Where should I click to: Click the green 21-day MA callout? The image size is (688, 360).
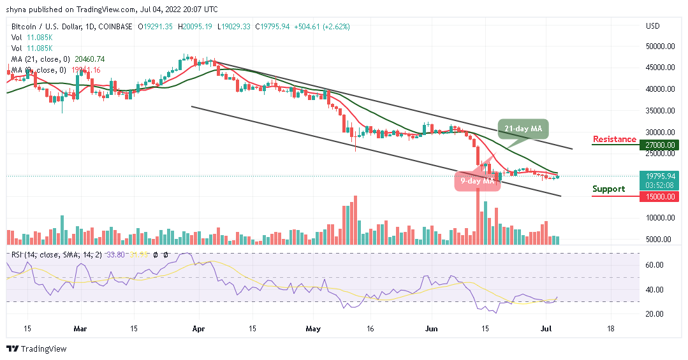tap(523, 129)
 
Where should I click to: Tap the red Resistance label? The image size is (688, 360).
tap(615, 139)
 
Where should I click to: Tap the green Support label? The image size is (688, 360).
tap(608, 189)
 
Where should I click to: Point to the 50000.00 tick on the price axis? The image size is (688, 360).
tap(661, 47)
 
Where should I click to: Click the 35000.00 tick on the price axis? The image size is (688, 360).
tap(661, 111)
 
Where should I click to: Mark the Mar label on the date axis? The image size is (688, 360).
tap(80, 329)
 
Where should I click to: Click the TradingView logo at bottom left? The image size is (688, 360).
tap(38, 349)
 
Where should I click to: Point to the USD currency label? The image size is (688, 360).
tap(653, 26)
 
